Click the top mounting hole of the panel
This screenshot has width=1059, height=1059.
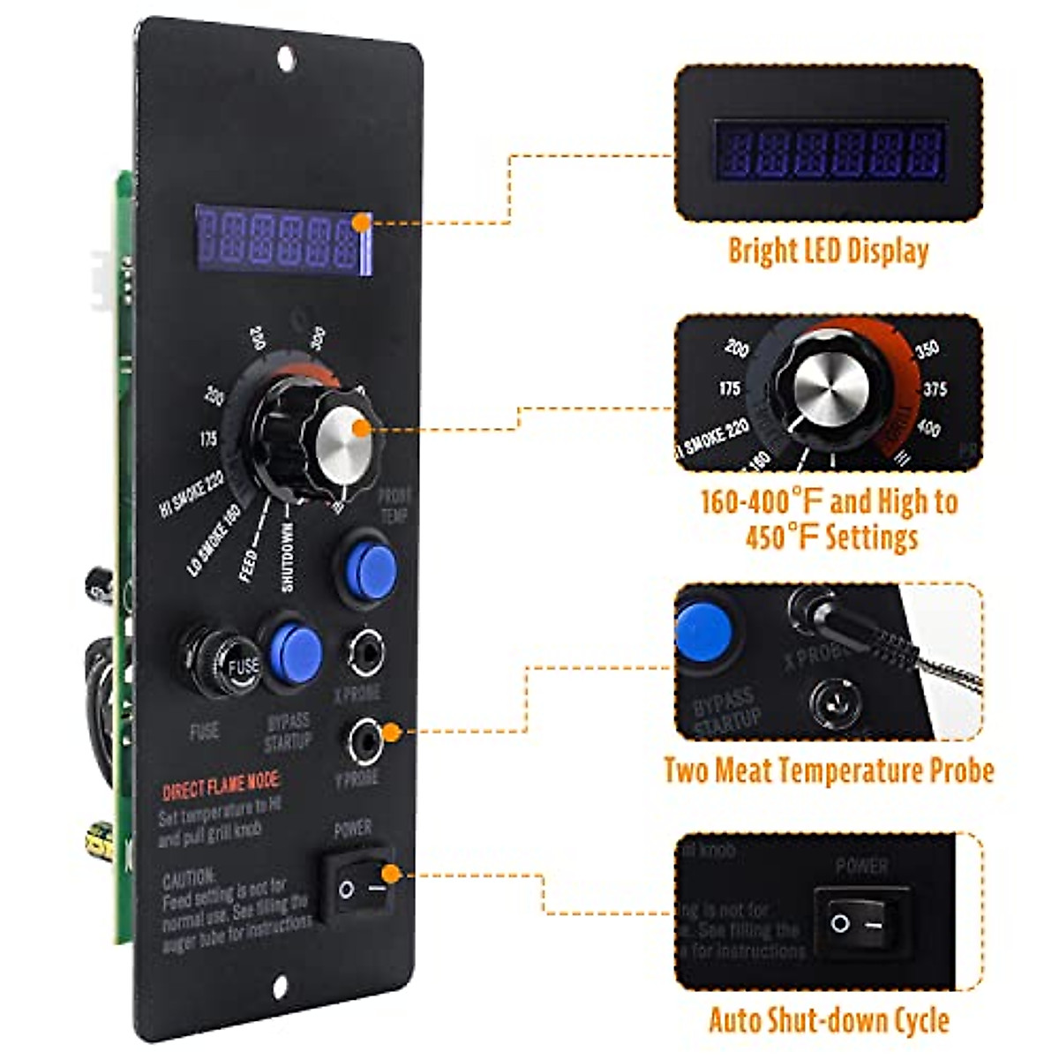click(x=285, y=58)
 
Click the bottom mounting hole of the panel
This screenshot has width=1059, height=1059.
click(x=281, y=988)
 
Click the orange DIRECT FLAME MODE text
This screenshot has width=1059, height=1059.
click(x=221, y=785)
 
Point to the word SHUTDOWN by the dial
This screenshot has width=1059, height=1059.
click(x=287, y=556)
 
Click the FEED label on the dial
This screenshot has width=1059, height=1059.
click(x=250, y=566)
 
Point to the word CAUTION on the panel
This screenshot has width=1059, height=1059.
click(x=188, y=878)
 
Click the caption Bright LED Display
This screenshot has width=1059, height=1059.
click(x=828, y=251)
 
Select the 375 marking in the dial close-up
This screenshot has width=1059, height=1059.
click(x=935, y=389)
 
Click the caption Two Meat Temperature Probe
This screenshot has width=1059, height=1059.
click(x=829, y=770)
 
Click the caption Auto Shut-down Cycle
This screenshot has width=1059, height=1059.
click(x=829, y=1020)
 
